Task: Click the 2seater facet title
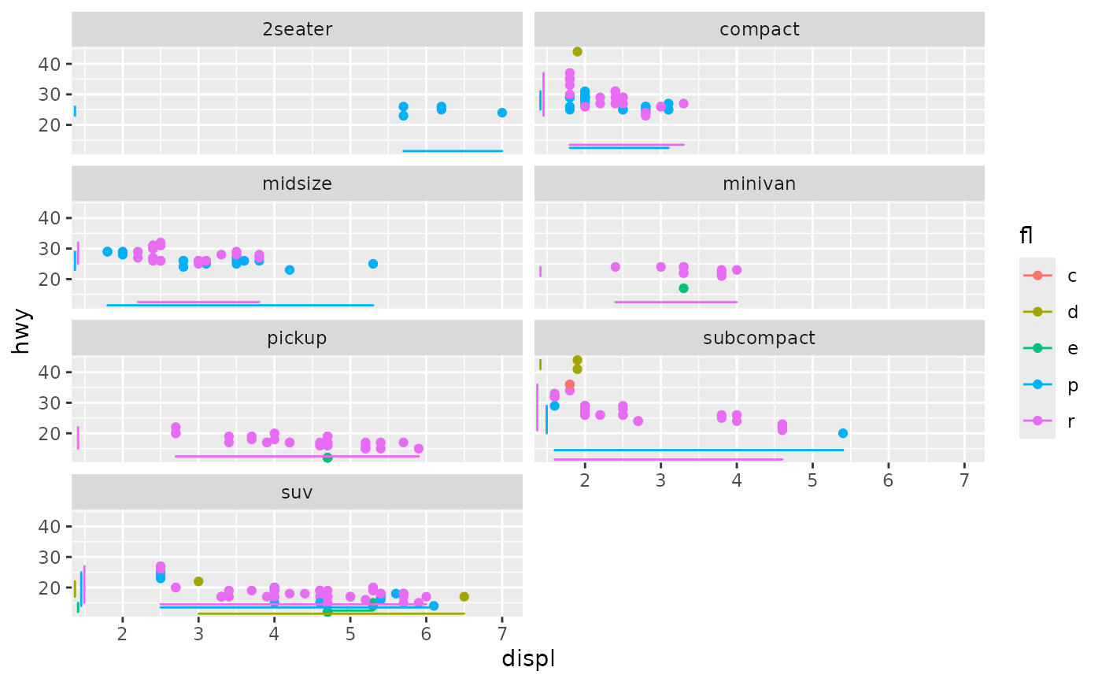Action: click(x=297, y=30)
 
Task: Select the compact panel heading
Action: click(x=759, y=30)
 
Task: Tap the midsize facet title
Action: click(x=297, y=184)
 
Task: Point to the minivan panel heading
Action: click(x=759, y=184)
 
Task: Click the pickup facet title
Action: click(x=297, y=339)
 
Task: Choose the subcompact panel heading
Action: click(x=759, y=339)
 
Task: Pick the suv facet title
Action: click(x=297, y=493)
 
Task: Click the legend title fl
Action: click(x=1026, y=235)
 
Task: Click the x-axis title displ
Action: click(x=528, y=658)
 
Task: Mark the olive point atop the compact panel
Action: click(x=577, y=52)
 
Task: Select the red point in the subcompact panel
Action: click(x=570, y=384)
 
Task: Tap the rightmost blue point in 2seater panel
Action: click(x=502, y=113)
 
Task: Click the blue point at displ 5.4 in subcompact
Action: click(x=843, y=433)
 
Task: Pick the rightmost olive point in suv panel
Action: click(x=464, y=597)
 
